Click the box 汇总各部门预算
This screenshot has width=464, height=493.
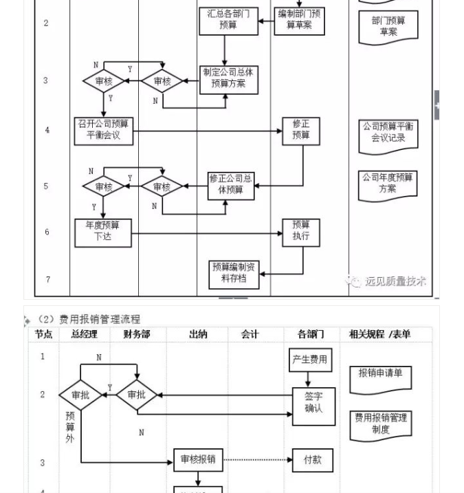[x=228, y=19]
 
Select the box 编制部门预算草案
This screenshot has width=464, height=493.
[x=299, y=19]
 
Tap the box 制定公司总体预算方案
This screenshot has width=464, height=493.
[x=229, y=80]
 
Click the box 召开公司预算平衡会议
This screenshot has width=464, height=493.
[x=103, y=131]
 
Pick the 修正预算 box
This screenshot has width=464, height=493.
[x=301, y=131]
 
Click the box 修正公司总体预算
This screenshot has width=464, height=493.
[x=231, y=186]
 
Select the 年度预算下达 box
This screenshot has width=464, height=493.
[x=102, y=232]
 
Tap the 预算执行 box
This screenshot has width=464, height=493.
[x=301, y=232]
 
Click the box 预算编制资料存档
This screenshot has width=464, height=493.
[x=234, y=274]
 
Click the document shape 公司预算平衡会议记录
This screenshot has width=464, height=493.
[x=388, y=133]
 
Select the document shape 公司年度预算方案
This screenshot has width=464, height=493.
[x=388, y=184]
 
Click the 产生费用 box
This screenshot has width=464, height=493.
[x=310, y=360]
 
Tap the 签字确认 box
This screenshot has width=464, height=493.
[x=313, y=403]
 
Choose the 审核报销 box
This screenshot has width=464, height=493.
[x=198, y=459]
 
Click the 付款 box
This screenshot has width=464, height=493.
[x=312, y=459]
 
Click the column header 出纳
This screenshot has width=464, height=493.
[x=198, y=334]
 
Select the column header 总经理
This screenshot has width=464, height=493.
[x=84, y=334]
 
